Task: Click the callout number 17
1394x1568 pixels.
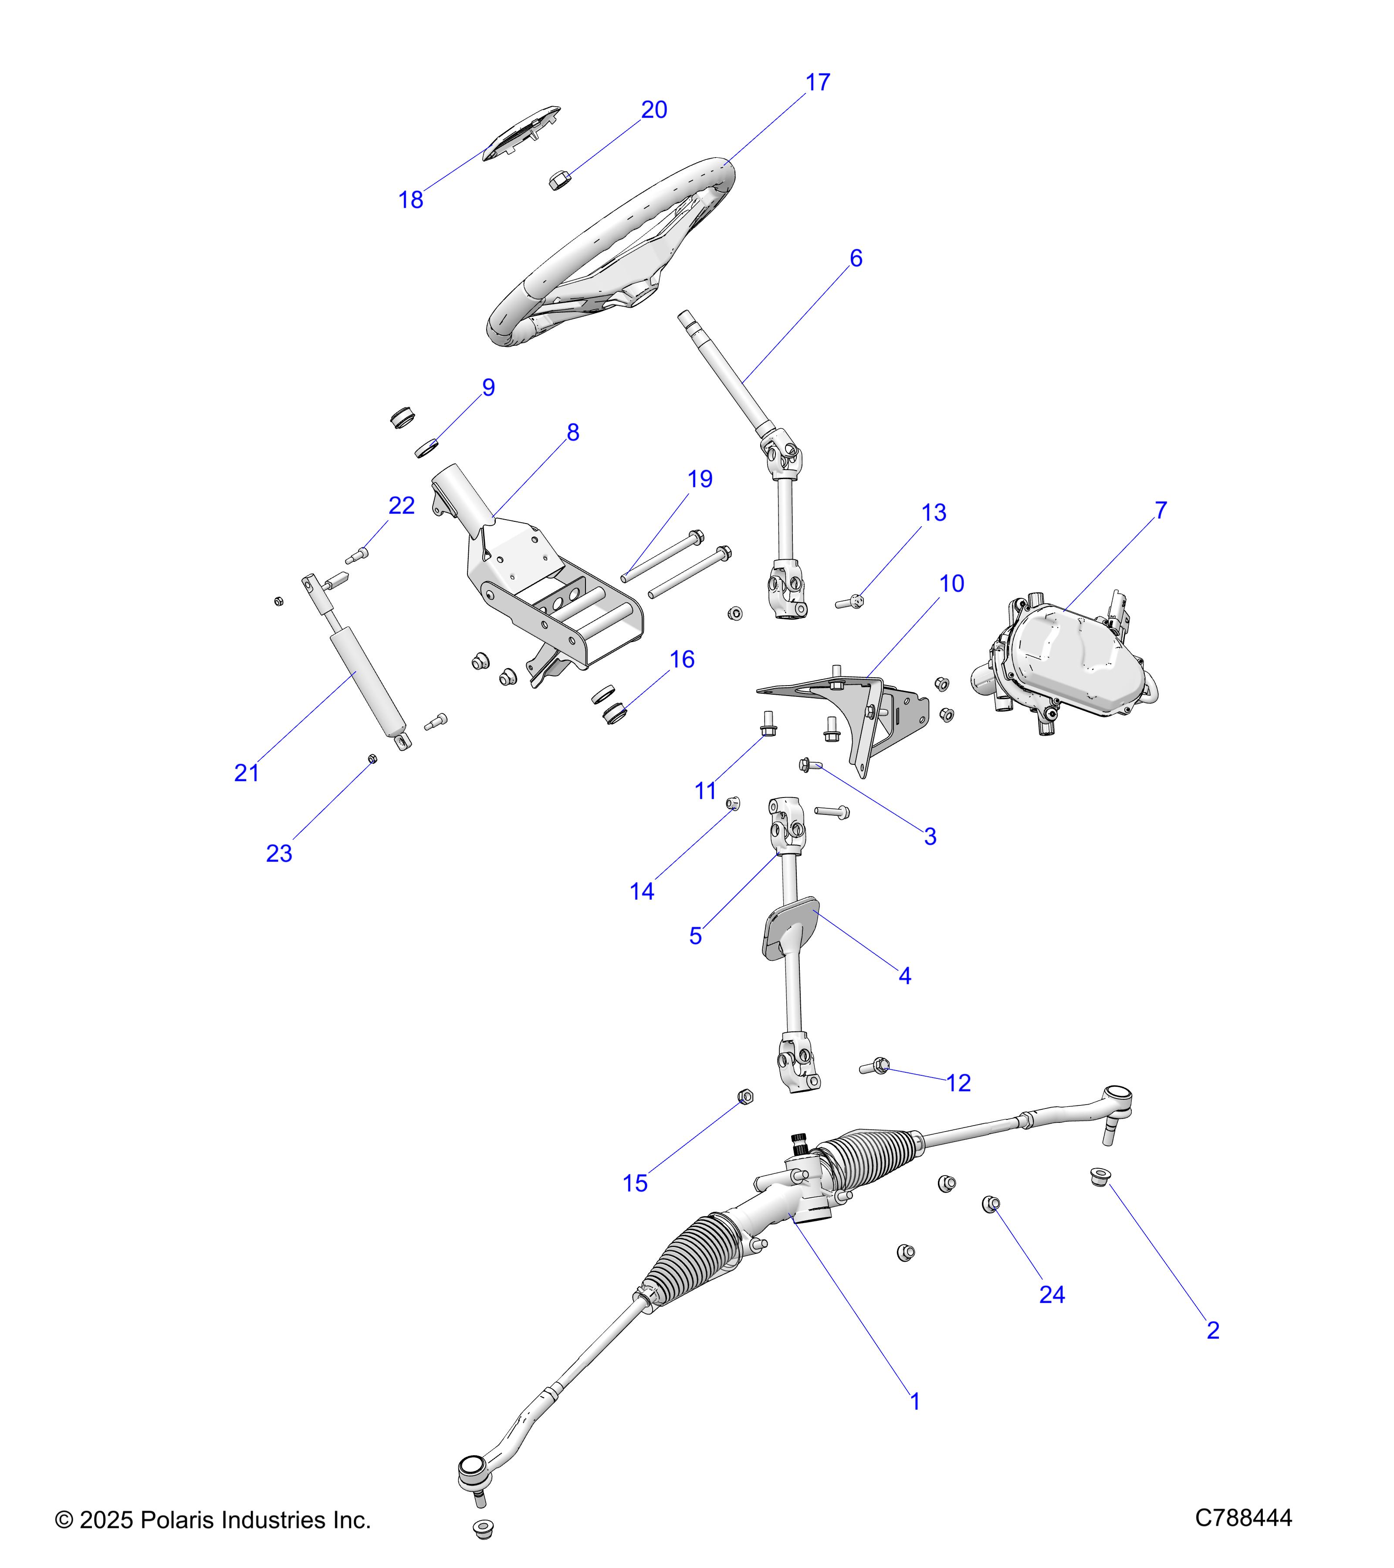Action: tap(818, 83)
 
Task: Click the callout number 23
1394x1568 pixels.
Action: tap(279, 853)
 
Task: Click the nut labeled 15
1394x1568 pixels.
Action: tap(744, 1097)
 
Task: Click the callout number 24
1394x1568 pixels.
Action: tap(1052, 1295)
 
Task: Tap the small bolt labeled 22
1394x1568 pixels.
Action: tap(357, 554)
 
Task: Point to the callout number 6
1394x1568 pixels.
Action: tap(856, 259)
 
